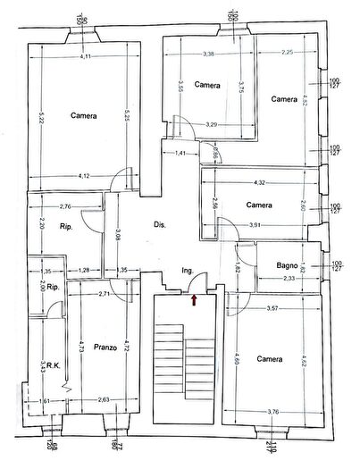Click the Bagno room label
coord(287,264)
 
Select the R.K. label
coord(54,364)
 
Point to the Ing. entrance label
coord(188,270)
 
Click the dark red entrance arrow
coord(195,298)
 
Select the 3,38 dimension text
coord(208,54)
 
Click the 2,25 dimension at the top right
coord(287,54)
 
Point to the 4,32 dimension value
coord(259,183)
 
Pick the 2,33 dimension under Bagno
coord(289,279)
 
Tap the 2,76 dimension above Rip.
coord(63,206)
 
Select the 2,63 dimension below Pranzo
coord(104,399)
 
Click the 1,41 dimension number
coord(180,154)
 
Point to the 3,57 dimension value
coord(268,309)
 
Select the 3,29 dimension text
coord(211,124)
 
